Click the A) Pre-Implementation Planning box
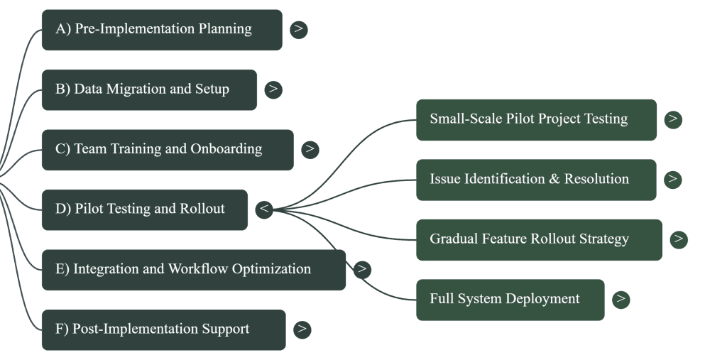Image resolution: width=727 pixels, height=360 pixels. (161, 30)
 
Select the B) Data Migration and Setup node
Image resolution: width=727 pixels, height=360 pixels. (149, 89)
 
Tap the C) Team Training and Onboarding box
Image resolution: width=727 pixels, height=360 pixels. (167, 150)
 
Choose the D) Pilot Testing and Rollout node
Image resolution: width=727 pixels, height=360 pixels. (144, 209)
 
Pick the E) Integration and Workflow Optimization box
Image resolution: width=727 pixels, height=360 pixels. (193, 270)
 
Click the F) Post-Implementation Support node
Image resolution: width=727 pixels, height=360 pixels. (163, 329)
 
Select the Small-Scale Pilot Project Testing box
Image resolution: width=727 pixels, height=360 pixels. (536, 119)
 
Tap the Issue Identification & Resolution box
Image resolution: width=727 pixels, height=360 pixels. (536, 180)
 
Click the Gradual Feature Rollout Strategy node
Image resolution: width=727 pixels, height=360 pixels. (539, 239)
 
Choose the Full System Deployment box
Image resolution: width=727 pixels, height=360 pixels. (510, 300)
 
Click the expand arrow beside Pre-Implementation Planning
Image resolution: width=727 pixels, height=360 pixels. (299, 29)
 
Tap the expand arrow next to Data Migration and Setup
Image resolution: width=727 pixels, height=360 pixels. (273, 89)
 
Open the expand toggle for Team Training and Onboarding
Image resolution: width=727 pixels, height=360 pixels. (310, 149)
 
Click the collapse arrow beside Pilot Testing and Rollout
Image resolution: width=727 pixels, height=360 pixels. (264, 209)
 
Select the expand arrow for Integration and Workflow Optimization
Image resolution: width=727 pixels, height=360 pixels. (362, 269)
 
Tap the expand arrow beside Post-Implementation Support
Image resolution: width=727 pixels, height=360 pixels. (302, 329)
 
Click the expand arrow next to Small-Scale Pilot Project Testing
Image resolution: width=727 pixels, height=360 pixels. (673, 119)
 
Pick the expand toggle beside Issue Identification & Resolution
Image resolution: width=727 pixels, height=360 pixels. (673, 179)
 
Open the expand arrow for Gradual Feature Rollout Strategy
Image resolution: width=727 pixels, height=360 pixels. (679, 239)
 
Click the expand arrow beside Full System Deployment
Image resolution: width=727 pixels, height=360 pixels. (621, 299)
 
